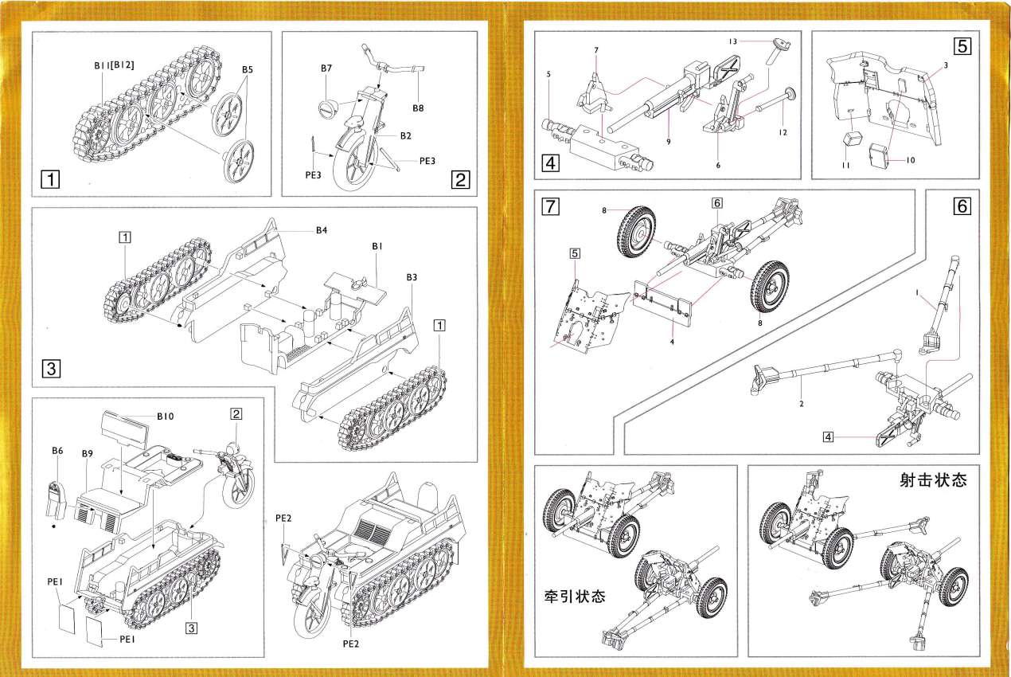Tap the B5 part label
pos(248,70)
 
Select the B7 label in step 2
pos(326,69)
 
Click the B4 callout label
pos(322,230)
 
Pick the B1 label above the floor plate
pos(377,247)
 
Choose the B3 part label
pos(412,277)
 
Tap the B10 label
pos(166,416)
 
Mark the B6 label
pos(57,451)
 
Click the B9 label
pos(88,454)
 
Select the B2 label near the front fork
pos(405,135)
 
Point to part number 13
pos(733,41)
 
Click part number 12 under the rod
pos(783,132)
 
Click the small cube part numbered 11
pos(851,139)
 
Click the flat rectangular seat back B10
pos(124,431)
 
